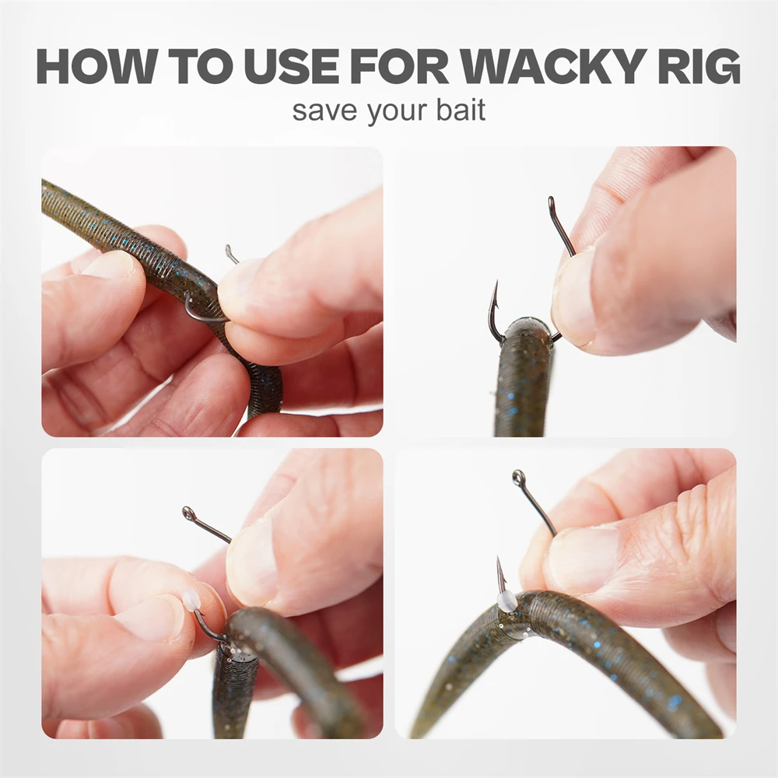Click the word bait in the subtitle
461,110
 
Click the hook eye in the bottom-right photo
518,478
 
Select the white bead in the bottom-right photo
505,599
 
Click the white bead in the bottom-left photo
191,602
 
